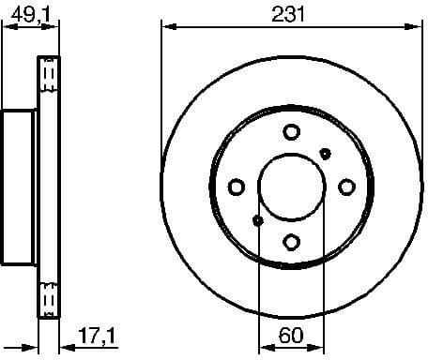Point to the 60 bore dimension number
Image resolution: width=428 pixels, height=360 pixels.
click(290, 333)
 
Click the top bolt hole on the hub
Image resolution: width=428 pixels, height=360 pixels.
click(291, 131)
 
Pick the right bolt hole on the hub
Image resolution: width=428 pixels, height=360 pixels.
click(346, 185)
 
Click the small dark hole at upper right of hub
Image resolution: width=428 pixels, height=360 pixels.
click(326, 152)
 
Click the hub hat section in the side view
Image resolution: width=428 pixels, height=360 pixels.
click(19, 187)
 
